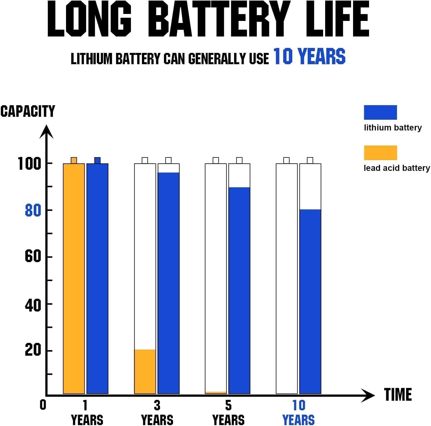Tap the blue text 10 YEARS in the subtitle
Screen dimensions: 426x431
pos(309,56)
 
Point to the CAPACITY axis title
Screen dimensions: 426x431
pos(28,111)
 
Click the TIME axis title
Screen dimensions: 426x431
pos(398,395)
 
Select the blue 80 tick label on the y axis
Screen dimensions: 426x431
pos(33,210)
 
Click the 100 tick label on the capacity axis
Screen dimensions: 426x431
pos(29,164)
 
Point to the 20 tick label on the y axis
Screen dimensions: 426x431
pos(33,350)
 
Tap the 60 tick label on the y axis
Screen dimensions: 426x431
pos(33,257)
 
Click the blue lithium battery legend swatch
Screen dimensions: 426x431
pos(380,112)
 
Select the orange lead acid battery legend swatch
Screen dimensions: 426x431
pos(380,153)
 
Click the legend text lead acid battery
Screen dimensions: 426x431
pos(396,168)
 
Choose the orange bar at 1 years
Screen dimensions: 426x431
pos(74,278)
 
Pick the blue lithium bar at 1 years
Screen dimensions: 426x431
pos(97,278)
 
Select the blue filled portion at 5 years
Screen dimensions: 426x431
pos(239,291)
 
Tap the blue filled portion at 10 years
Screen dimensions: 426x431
pos(310,301)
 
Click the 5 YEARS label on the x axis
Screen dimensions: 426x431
pos(228,413)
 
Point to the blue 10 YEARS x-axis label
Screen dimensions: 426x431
pos(299,413)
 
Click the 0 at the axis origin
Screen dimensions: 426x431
pos(43,404)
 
